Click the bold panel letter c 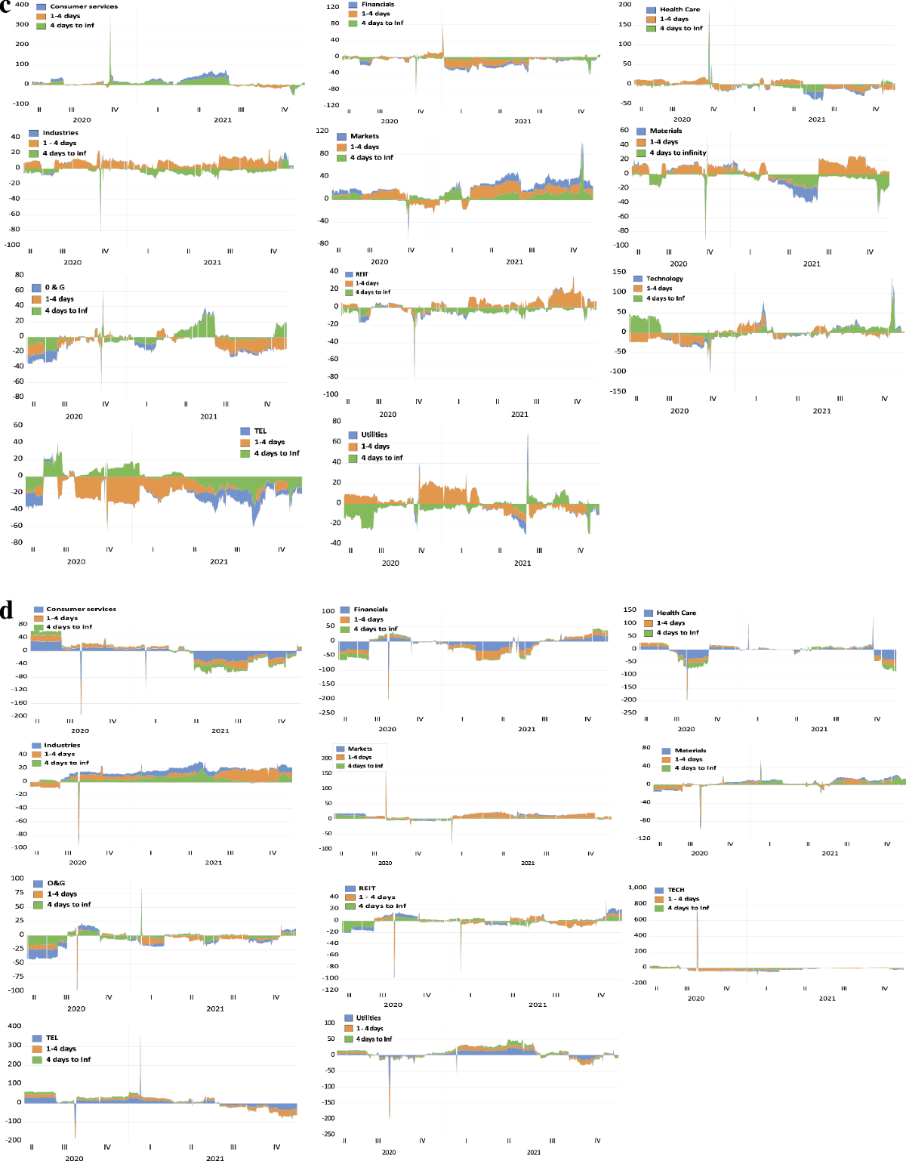(x=7, y=7)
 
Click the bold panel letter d (x=7, y=610)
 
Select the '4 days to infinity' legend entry (x=677, y=153)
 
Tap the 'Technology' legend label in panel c (x=664, y=279)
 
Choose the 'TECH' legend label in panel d (x=676, y=890)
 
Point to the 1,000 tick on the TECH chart (x=637, y=888)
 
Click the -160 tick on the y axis (x=18, y=702)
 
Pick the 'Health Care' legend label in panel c (x=679, y=10)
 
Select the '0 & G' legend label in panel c (x=54, y=287)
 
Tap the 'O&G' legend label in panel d (x=56, y=883)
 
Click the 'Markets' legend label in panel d (x=360, y=749)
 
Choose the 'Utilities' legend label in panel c (x=374, y=435)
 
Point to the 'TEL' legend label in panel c (x=260, y=431)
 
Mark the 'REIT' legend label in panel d (x=367, y=888)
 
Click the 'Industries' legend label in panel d (x=62, y=745)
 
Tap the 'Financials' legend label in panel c (x=377, y=5)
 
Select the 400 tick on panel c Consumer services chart (x=21, y=5)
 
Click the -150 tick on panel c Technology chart (x=618, y=391)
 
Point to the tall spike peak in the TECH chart (x=697, y=909)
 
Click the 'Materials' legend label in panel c (x=665, y=131)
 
